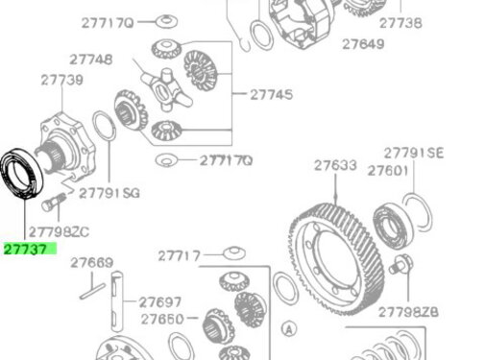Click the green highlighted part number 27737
point(30,249)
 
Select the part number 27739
point(60,82)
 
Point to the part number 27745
point(272,94)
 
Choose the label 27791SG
point(109,192)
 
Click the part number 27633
point(334,165)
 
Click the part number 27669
point(91,262)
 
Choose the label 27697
point(159,301)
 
